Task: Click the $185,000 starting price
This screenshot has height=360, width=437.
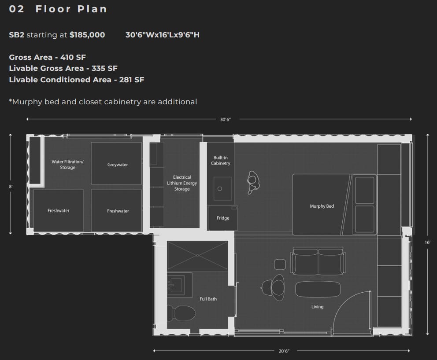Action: pos(87,35)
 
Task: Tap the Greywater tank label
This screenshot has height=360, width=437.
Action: pos(118,165)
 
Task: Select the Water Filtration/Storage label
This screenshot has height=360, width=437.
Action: pos(67,165)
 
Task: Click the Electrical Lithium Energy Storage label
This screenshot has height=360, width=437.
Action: pos(182,183)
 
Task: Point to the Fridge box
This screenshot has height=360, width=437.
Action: pos(223,218)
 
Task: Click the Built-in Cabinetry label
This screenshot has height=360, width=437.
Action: pos(220,160)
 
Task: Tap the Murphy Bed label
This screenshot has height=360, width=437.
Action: pos(322,206)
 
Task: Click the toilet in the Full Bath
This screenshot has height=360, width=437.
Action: pos(181,313)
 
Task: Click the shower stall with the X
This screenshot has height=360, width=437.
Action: pos(197,255)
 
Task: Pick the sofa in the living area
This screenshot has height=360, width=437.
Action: pos(318,261)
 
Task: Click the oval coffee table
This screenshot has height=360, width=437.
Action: pos(318,289)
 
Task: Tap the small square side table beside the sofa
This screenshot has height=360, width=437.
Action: pos(280,264)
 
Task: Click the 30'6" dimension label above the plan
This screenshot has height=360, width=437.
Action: pos(226,119)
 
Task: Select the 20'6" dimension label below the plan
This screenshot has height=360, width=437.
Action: pos(284,351)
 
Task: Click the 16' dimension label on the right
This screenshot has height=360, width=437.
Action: pos(427,242)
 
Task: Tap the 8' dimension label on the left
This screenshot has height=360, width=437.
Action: pos(11,187)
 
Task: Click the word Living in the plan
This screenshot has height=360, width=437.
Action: pos(318,307)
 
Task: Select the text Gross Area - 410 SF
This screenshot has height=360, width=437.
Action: pos(48,57)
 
